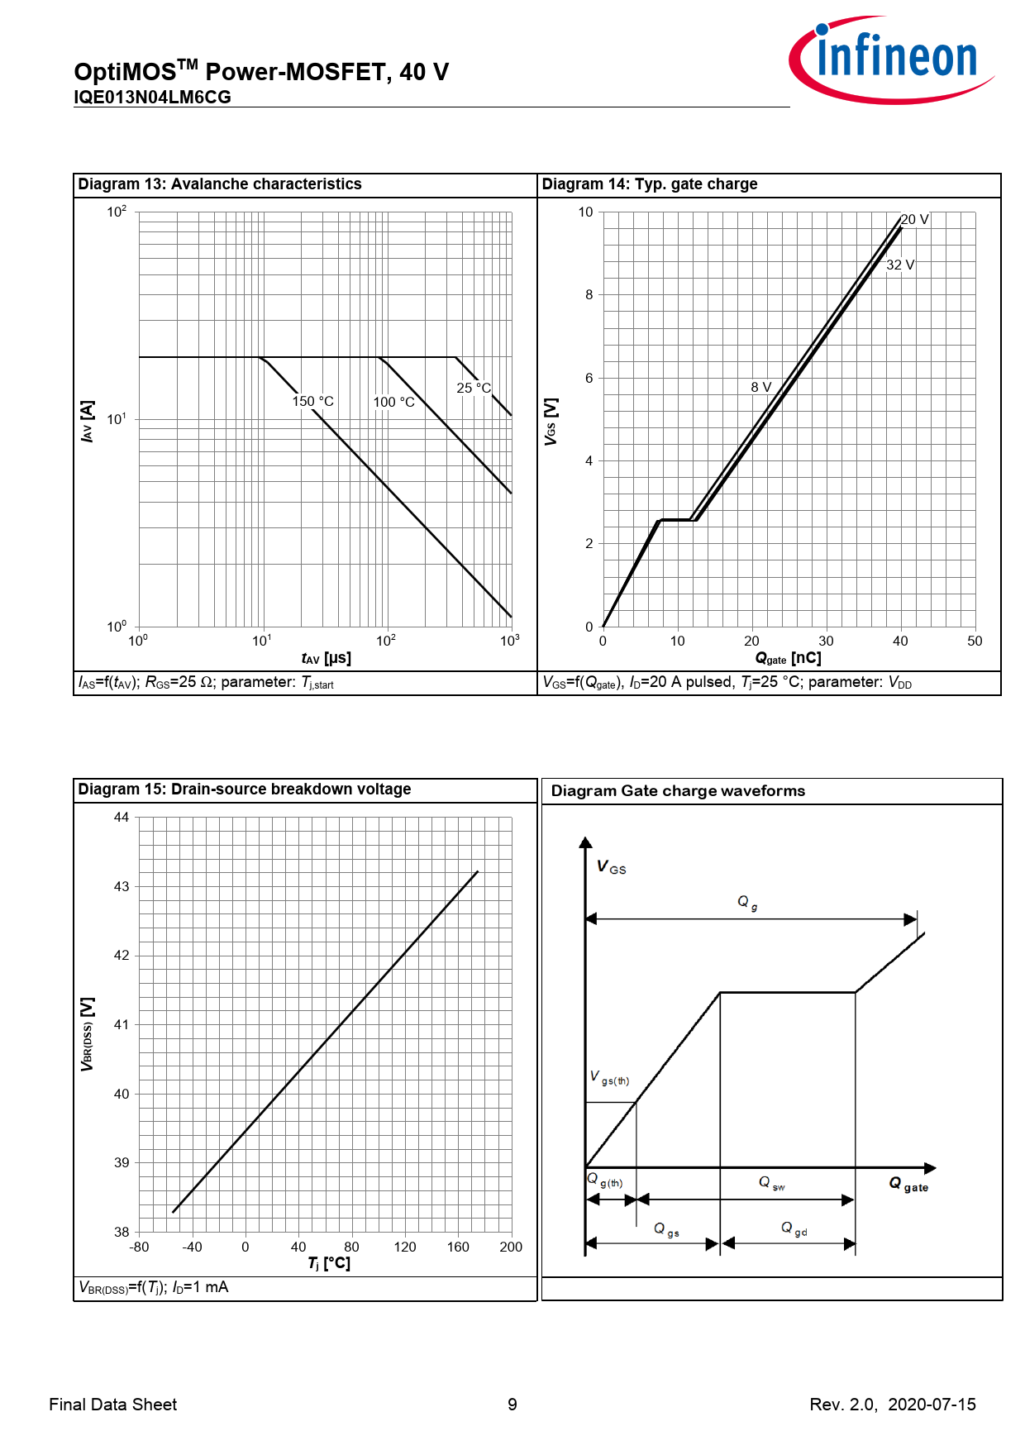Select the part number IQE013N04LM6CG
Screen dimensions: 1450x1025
tap(152, 98)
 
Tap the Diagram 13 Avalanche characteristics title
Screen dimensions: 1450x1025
tap(220, 184)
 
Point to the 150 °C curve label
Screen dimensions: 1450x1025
tap(312, 402)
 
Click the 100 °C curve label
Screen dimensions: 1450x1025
tap(393, 403)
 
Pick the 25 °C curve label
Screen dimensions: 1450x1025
tap(474, 388)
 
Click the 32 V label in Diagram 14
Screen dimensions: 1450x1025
tap(900, 265)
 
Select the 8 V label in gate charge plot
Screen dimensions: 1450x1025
tap(760, 388)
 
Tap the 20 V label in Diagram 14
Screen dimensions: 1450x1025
tap(914, 220)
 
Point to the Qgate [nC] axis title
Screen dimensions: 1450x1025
tap(788, 659)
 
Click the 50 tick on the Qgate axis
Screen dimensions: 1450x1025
tap(975, 642)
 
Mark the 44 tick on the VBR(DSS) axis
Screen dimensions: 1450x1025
tap(122, 818)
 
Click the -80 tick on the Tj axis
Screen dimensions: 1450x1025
tap(139, 1247)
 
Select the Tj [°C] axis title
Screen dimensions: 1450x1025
tap(329, 1264)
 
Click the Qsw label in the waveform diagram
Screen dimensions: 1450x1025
tap(771, 1184)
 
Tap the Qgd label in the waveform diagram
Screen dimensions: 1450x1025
tap(794, 1229)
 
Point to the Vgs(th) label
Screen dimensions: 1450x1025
tap(609, 1078)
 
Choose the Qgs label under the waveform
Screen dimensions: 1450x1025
tap(666, 1230)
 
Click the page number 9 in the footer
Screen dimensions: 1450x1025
tap(512, 1405)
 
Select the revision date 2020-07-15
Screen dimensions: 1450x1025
tap(932, 1405)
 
